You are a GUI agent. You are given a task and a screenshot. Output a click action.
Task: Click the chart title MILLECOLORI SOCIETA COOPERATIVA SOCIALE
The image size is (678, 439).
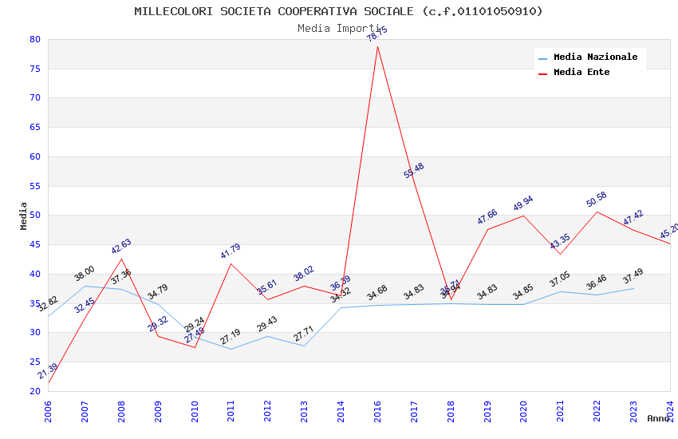(x=338, y=11)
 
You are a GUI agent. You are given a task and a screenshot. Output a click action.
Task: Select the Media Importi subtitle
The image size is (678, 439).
(x=338, y=28)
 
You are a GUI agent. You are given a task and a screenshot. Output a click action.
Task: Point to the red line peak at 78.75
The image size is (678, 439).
(x=377, y=46)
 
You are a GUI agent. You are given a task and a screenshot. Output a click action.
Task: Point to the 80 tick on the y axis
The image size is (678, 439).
(x=34, y=39)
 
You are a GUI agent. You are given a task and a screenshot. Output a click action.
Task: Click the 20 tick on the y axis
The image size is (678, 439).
(x=34, y=391)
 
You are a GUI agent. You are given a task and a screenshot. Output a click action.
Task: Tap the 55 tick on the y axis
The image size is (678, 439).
(x=34, y=186)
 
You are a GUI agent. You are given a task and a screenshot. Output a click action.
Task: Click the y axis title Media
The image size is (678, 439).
(x=24, y=216)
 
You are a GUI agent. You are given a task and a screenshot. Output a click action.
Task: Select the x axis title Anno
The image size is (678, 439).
(x=658, y=418)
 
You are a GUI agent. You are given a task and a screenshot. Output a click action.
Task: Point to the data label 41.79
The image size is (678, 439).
(x=231, y=251)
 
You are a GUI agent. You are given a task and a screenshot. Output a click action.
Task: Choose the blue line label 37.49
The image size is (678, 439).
(x=633, y=275)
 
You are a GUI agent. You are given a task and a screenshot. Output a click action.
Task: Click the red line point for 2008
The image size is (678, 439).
(x=121, y=259)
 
